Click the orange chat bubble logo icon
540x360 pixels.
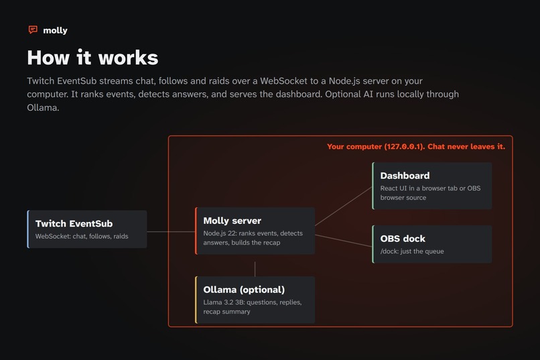coord(33,30)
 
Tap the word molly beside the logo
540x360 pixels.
coord(55,30)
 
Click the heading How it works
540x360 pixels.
coord(92,57)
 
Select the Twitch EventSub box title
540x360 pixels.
coord(74,224)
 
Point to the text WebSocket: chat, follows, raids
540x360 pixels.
coord(82,237)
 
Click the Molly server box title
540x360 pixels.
coord(232,221)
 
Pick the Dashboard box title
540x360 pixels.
coord(405,176)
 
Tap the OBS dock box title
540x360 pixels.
coord(403,239)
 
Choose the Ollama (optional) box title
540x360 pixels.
coord(244,290)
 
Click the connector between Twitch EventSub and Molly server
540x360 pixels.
coord(171,231)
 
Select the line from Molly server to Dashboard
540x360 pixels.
coord(344,206)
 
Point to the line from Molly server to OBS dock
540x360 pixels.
coord(344,241)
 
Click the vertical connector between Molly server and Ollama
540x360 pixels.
coord(255,269)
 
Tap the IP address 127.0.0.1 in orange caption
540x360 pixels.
coord(403,147)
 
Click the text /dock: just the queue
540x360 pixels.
coord(412,251)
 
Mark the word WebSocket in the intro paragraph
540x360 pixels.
coord(283,81)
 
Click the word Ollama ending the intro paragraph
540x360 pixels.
coord(42,107)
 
